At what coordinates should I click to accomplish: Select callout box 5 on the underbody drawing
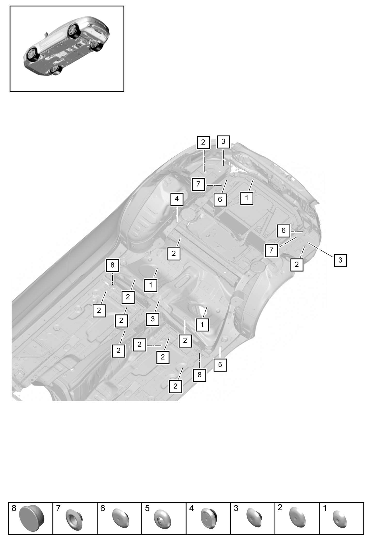pyautogui.click(x=220, y=365)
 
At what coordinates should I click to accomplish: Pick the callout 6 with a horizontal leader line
pyautogui.click(x=284, y=231)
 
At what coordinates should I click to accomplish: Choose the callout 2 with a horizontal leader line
pyautogui.click(x=140, y=345)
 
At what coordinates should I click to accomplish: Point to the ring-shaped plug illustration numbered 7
pyautogui.click(x=74, y=517)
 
